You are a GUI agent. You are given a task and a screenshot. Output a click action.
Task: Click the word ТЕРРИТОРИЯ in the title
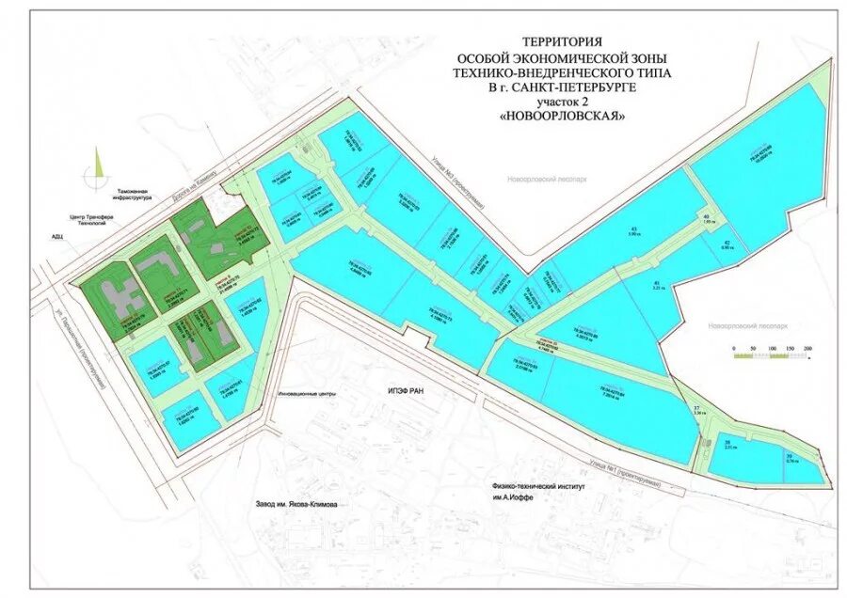[x=561, y=41]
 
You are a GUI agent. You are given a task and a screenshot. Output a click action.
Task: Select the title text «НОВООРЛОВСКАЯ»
[x=561, y=116]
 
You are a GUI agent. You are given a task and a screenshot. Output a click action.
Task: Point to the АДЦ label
[x=58, y=237]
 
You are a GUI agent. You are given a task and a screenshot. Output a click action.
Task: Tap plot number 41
[x=656, y=282]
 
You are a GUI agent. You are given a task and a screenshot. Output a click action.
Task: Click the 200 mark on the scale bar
[x=807, y=349]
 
